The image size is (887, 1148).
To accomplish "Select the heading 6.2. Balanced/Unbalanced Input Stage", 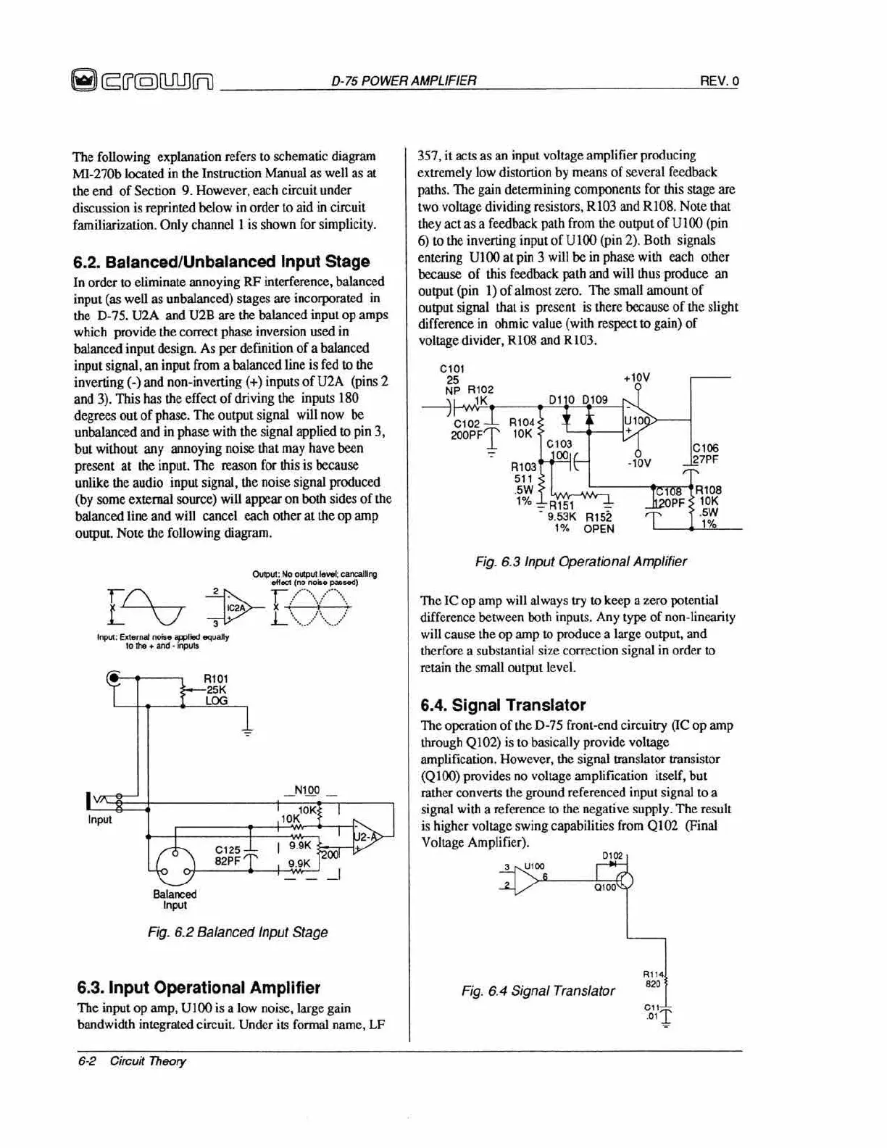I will point(222,262).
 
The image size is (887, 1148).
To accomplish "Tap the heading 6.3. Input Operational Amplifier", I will point(199,987).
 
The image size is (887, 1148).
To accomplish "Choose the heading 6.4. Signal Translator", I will point(503,704).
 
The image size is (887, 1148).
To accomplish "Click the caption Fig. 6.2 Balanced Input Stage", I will point(238,932).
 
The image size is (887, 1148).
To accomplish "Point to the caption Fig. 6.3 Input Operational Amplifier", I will point(581,561).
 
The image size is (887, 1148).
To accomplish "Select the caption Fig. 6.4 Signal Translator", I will point(538,991).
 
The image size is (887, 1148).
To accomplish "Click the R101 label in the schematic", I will point(215,679).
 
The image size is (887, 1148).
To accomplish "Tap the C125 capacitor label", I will point(228,849).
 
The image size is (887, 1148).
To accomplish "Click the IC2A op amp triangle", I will point(238,607).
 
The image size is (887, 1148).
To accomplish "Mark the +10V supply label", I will point(636,378).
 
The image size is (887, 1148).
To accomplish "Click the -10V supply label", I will point(638,463).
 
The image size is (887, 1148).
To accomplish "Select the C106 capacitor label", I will point(705,449).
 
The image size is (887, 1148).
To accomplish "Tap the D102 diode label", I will point(612,856).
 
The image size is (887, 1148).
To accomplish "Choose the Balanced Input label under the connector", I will point(175,899).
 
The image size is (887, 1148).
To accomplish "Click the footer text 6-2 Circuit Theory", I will point(132,1061).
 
